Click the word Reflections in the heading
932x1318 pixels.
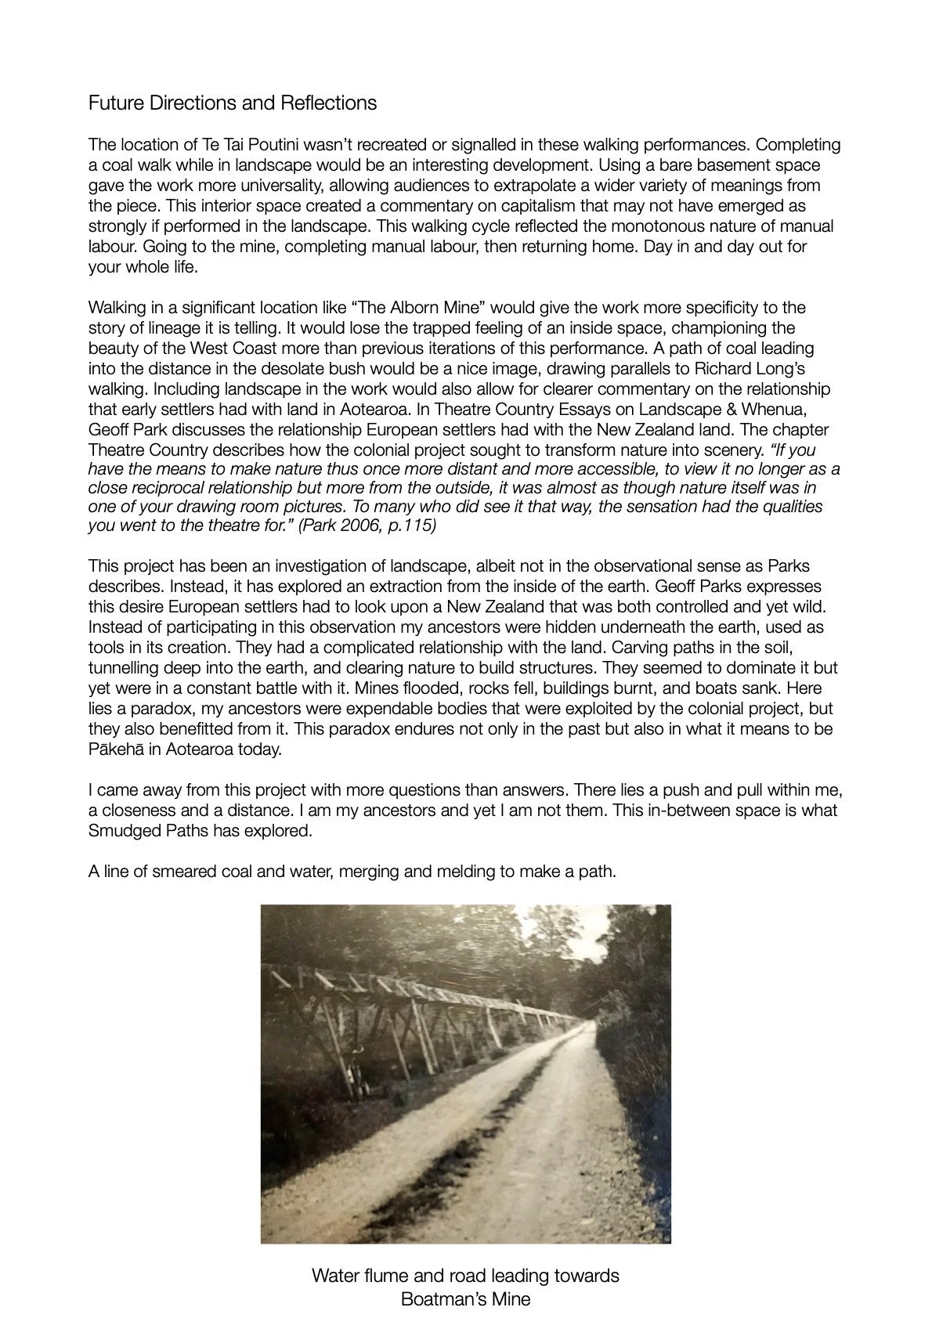pyautogui.click(x=330, y=103)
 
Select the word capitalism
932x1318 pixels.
pyautogui.click(x=505, y=206)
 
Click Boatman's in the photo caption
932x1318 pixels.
pyautogui.click(x=435, y=1299)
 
